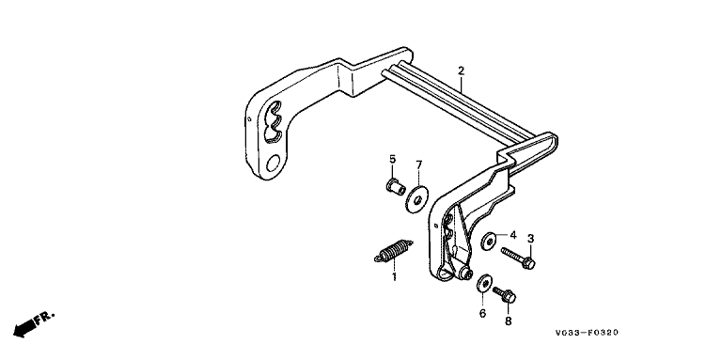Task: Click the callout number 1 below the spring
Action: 394,277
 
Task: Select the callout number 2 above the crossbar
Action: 461,70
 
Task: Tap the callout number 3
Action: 530,239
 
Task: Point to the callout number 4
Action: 513,235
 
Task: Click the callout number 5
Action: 392,159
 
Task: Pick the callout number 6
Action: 482,314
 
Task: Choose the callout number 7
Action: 418,164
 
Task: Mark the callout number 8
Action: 509,321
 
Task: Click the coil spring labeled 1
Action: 393,251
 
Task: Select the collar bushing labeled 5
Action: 396,187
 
